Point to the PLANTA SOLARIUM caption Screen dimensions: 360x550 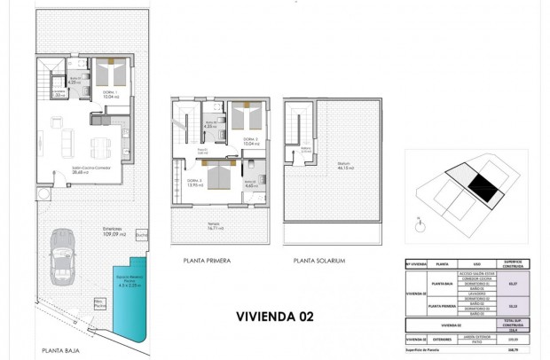(x=320, y=261)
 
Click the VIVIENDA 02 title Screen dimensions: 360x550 (x=275, y=315)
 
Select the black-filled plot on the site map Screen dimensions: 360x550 (x=483, y=186)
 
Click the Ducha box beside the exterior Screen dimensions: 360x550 (x=142, y=234)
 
